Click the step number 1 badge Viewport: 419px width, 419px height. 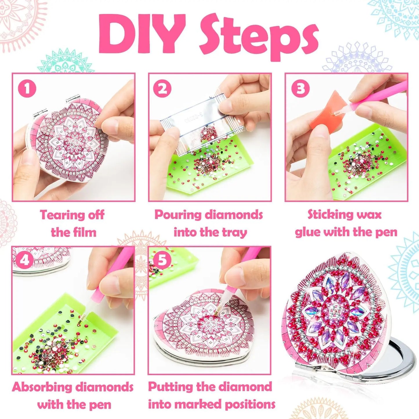click(x=27, y=88)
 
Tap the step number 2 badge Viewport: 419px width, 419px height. click(x=162, y=88)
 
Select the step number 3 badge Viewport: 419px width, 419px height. click(x=301, y=88)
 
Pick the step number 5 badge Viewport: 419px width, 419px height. click(x=162, y=260)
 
